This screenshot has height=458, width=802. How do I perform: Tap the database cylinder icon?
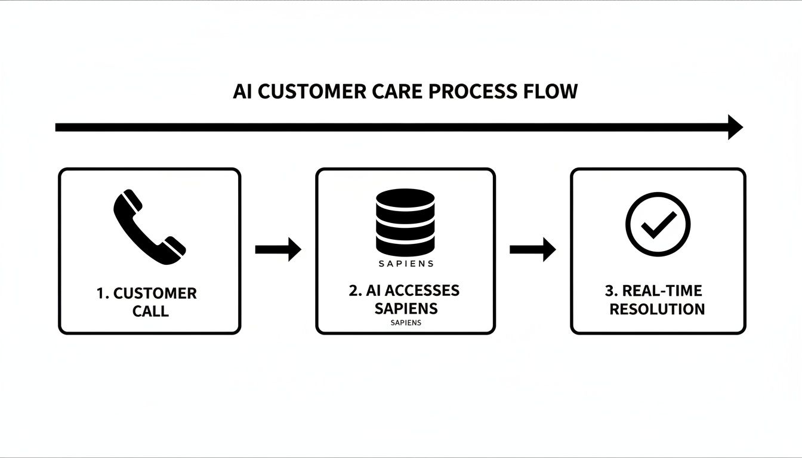pyautogui.click(x=405, y=222)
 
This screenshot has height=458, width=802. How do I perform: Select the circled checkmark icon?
pyautogui.click(x=658, y=224)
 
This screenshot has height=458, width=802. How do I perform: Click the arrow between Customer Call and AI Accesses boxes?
pyautogui.click(x=278, y=249)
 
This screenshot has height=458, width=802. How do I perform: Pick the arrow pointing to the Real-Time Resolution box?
pyautogui.click(x=532, y=249)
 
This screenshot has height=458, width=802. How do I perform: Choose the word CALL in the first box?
pyautogui.click(x=150, y=311)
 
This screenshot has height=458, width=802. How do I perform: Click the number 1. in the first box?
pyautogui.click(x=103, y=293)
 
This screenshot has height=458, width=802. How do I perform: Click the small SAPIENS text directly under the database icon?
pyautogui.click(x=406, y=264)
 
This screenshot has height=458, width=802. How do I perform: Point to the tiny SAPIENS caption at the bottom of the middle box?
pyautogui.click(x=406, y=323)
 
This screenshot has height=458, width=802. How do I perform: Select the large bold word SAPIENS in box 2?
pyautogui.click(x=406, y=309)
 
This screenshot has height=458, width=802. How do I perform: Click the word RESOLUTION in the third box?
pyautogui.click(x=657, y=310)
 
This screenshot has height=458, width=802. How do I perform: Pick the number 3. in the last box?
pyautogui.click(x=611, y=291)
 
